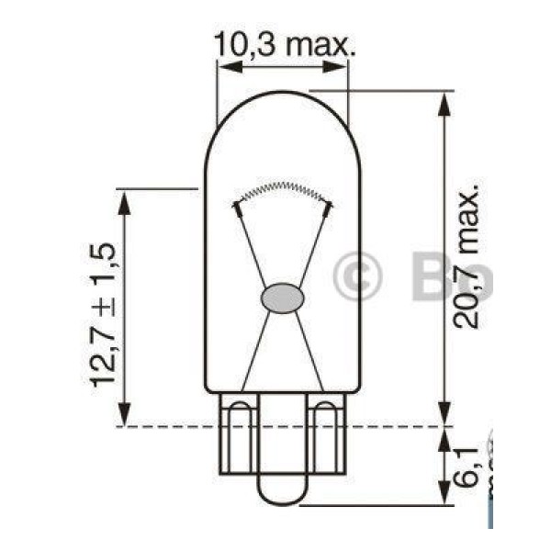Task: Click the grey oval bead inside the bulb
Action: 282,298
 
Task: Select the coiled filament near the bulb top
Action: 281,191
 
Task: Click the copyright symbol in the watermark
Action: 356,276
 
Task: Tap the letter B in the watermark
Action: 428,276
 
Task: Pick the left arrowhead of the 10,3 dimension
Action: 225,66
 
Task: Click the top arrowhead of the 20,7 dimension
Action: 444,99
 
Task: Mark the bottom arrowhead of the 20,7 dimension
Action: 444,417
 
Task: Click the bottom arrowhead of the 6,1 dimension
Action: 444,495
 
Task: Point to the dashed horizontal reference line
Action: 165,427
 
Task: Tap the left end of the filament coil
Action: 238,203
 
